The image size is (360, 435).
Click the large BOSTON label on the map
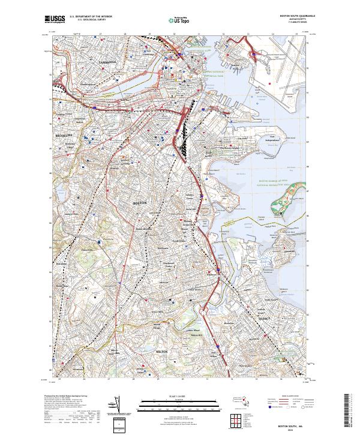139,203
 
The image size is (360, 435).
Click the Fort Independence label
274,140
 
